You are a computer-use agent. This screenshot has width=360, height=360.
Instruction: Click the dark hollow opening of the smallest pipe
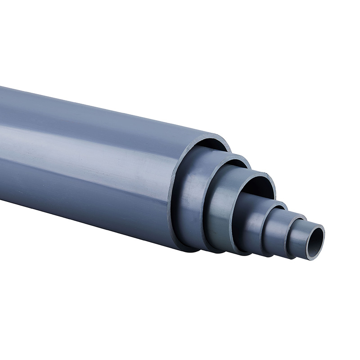316,237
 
